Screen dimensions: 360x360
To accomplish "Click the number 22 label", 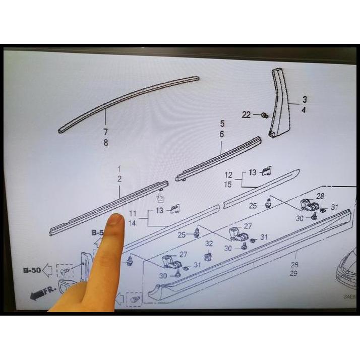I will [x=246, y=115].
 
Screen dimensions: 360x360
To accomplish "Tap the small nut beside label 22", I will [x=264, y=116].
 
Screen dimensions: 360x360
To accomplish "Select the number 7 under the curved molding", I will [x=105, y=132].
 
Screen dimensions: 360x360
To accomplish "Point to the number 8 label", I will [x=105, y=143].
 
